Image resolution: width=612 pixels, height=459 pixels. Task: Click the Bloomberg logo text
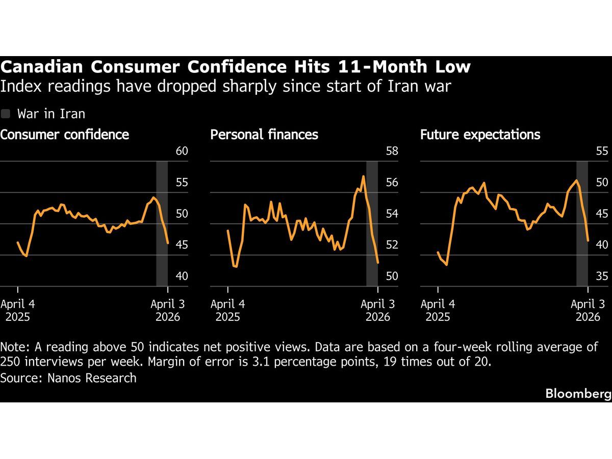[578, 394]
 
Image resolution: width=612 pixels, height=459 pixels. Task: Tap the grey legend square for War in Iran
[6, 114]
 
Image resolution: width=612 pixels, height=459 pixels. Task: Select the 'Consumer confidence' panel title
[64, 135]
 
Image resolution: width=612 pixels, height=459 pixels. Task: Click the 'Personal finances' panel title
[264, 135]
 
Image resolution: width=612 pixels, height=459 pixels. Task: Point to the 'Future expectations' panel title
[480, 135]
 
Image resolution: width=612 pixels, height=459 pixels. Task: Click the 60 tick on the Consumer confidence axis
[182, 151]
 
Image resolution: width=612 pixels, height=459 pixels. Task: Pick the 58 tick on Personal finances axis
[392, 151]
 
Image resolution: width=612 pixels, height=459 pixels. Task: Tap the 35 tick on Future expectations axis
[602, 276]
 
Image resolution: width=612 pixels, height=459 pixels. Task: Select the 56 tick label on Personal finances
[392, 183]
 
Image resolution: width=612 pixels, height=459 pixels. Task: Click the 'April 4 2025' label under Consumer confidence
[18, 310]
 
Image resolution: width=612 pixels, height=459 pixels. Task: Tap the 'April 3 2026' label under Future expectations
[588, 310]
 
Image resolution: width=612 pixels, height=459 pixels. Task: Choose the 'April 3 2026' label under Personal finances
[377, 310]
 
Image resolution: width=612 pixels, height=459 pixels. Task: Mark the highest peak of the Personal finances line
[363, 176]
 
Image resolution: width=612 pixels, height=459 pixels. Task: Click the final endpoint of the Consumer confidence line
[168, 243]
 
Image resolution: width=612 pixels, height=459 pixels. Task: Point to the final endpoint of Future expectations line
[588, 240]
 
